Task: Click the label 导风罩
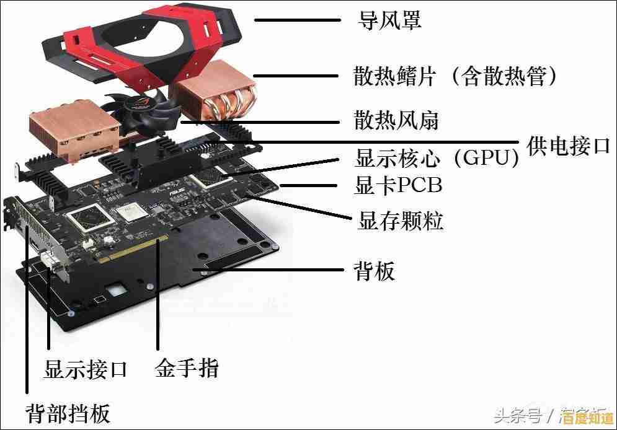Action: point(390,20)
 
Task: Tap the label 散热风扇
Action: point(396,120)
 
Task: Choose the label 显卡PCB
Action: point(397,185)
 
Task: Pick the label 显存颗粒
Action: point(401,220)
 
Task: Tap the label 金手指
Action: point(187,369)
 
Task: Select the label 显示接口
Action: point(86,370)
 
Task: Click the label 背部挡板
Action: point(68,411)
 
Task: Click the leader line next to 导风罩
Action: point(298,20)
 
